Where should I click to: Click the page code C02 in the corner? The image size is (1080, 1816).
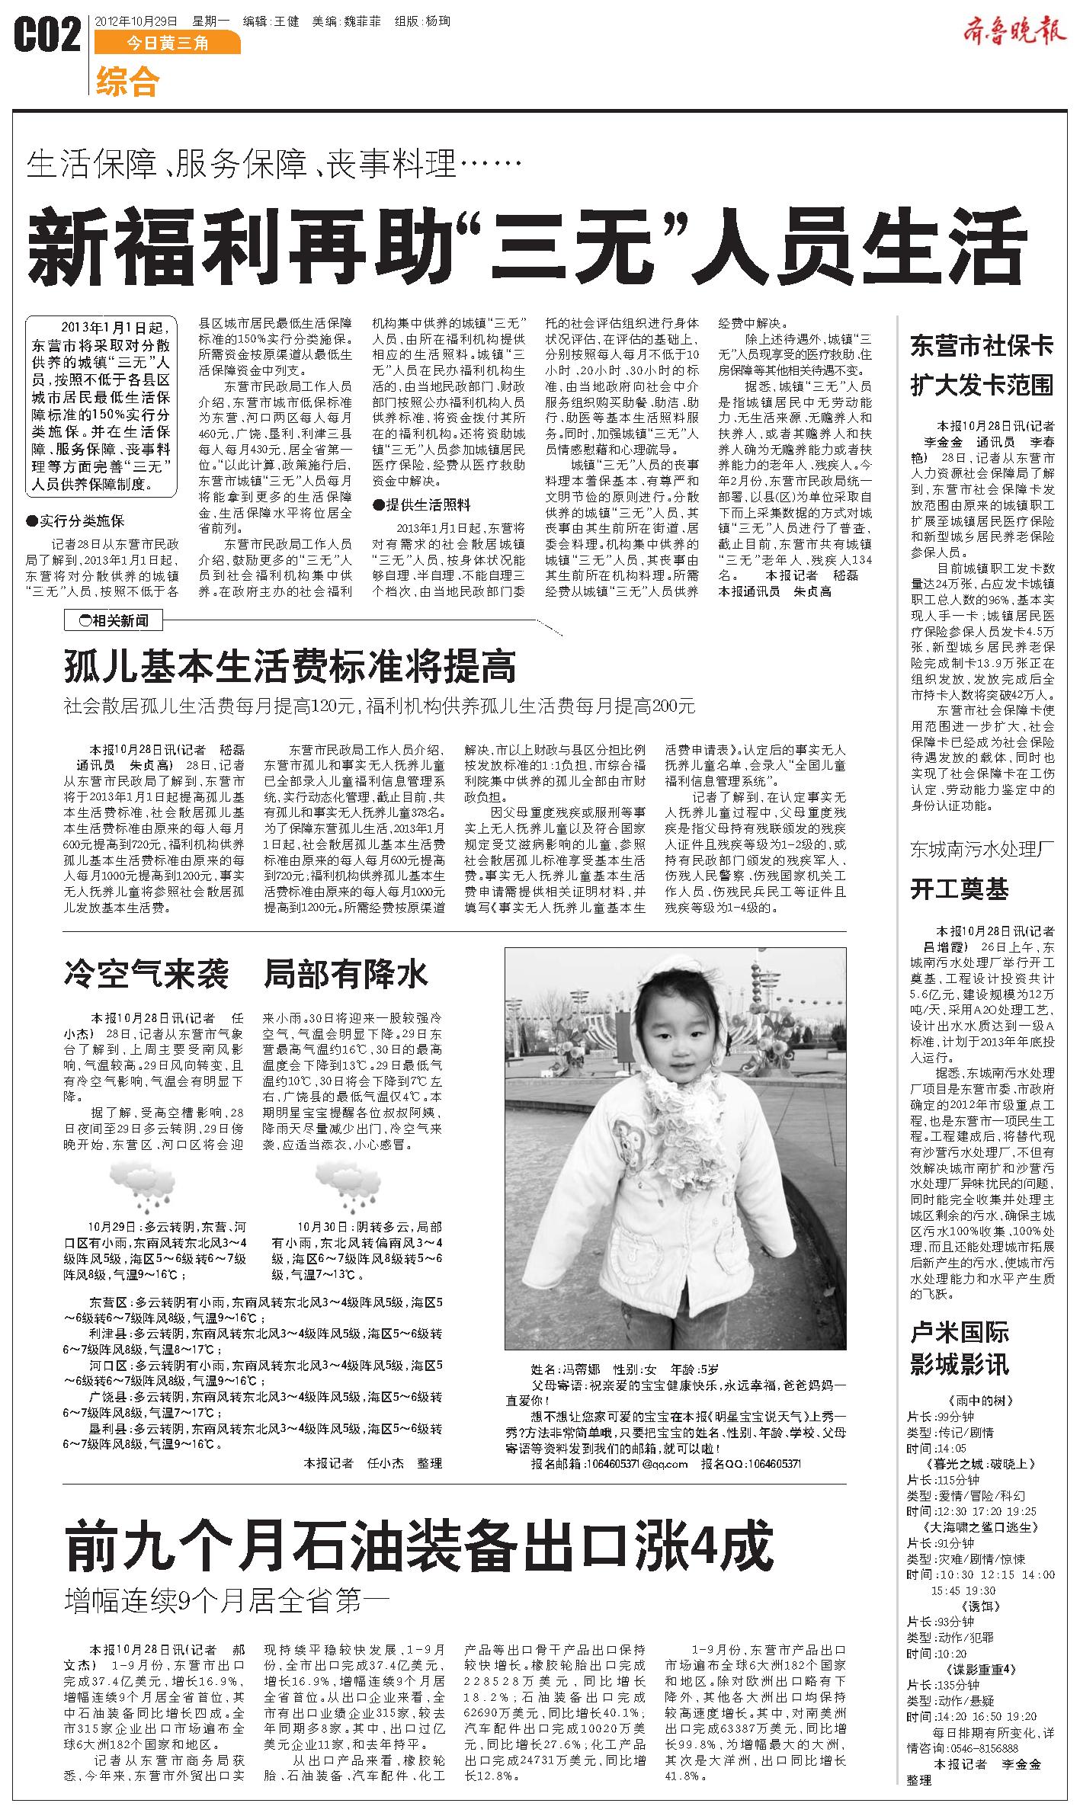click(x=47, y=36)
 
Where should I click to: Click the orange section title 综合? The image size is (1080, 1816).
click(x=128, y=82)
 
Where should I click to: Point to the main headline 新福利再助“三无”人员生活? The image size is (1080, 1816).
click(x=526, y=246)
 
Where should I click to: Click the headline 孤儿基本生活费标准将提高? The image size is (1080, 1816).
click(x=290, y=666)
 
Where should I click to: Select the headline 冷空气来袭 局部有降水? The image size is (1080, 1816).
click(x=246, y=975)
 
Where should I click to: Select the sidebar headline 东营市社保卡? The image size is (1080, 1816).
click(x=982, y=348)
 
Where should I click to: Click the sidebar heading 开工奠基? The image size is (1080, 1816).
click(x=960, y=889)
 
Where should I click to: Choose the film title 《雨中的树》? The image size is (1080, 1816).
click(x=981, y=1401)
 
